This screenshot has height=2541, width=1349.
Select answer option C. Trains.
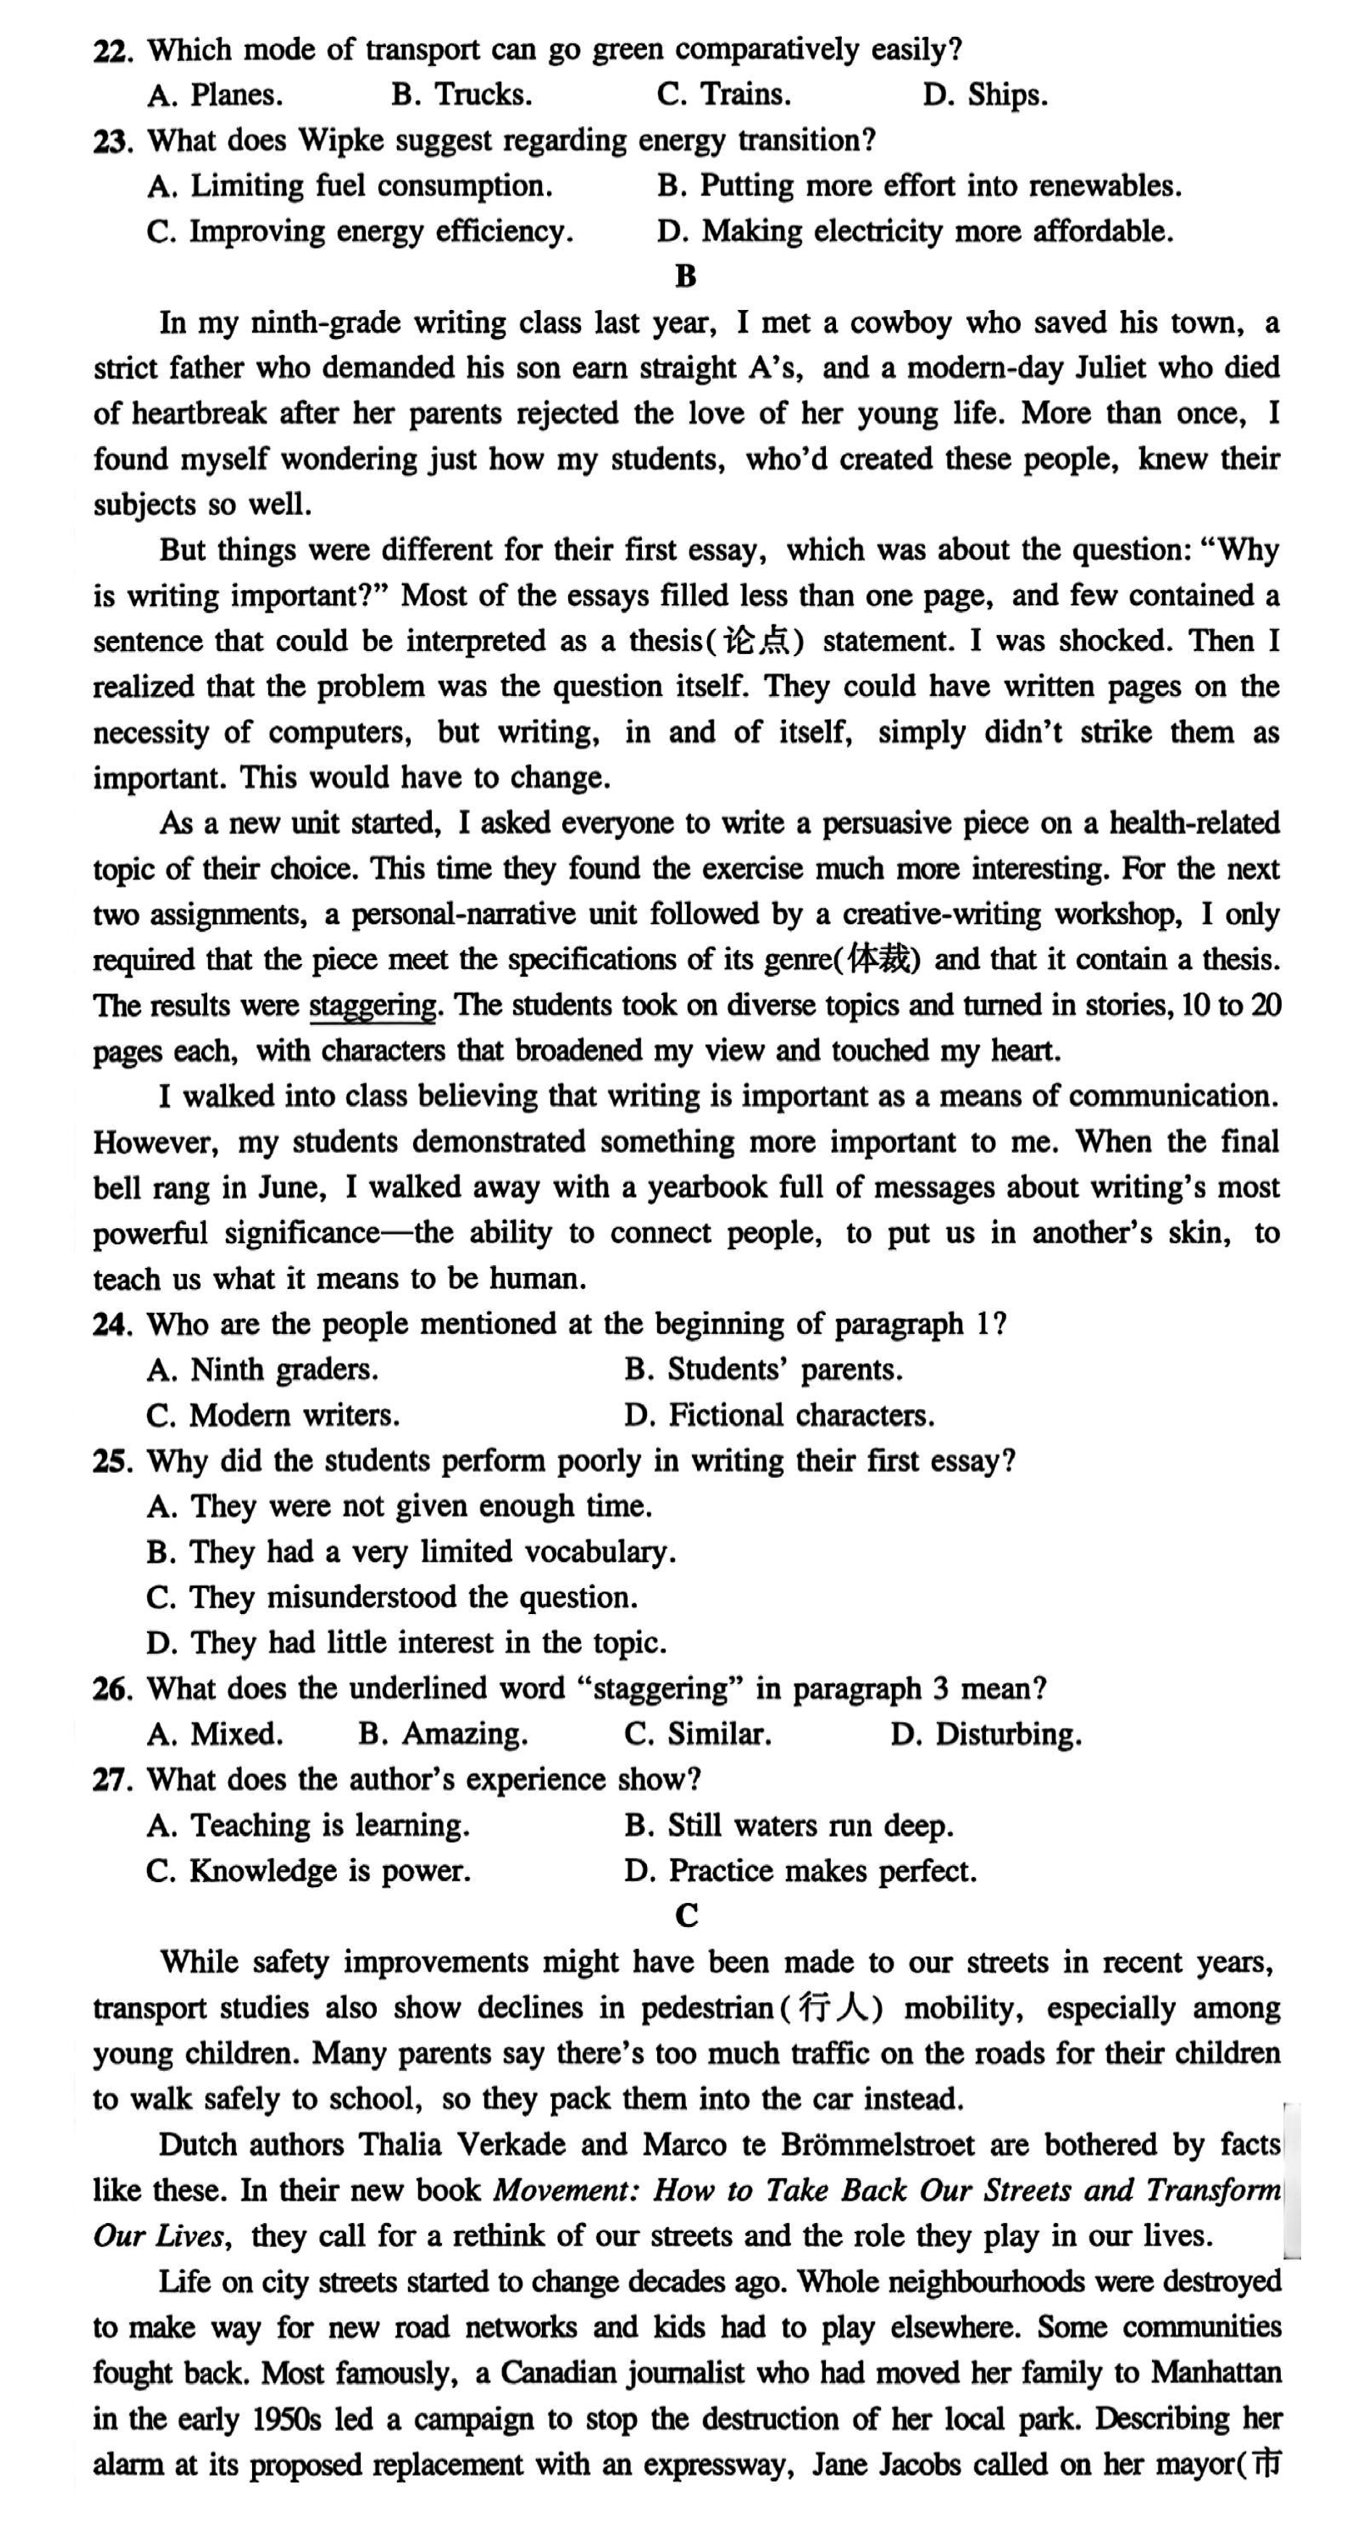(723, 95)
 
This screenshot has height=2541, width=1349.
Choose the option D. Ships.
(984, 95)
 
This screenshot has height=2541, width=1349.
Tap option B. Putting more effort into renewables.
(919, 185)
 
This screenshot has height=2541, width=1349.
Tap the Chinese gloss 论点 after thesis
(757, 641)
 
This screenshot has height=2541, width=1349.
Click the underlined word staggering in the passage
(373, 1005)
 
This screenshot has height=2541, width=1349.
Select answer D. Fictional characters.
(779, 1416)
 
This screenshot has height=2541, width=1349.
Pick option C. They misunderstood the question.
(392, 1597)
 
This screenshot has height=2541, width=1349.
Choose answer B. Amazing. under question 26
(443, 1734)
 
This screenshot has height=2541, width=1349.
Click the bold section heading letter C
(687, 1915)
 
